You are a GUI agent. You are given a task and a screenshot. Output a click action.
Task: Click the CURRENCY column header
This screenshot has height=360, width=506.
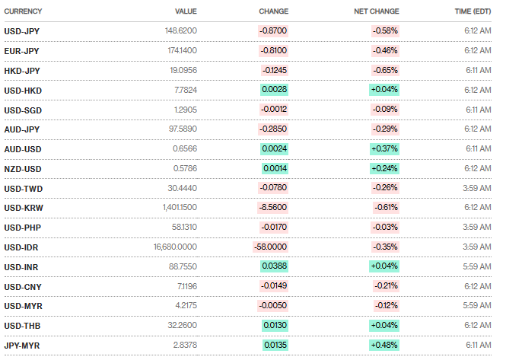tap(23, 11)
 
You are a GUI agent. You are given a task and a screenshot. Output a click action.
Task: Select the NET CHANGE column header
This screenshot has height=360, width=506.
tap(377, 11)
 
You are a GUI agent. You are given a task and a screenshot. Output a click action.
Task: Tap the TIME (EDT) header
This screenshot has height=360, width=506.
tap(471, 11)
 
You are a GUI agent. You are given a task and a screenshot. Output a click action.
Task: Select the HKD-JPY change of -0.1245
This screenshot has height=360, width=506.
tap(274, 71)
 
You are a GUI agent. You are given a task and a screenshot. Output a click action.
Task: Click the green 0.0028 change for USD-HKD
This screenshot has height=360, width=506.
tap(274, 91)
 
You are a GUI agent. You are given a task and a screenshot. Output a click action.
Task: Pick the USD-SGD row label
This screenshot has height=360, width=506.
tap(23, 110)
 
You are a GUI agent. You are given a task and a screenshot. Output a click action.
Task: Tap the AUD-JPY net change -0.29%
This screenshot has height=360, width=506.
tap(385, 129)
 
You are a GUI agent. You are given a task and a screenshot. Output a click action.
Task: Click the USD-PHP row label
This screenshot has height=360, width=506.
tap(22, 228)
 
